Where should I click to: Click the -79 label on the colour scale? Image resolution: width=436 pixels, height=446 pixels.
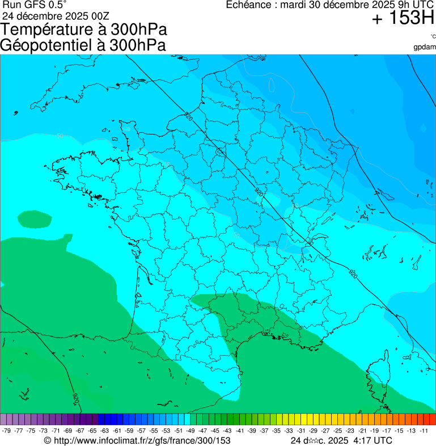(7, 431)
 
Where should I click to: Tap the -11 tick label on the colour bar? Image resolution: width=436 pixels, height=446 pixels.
(424, 431)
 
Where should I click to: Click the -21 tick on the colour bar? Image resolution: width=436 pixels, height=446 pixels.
(362, 431)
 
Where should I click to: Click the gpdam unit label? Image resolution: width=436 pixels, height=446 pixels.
(425, 47)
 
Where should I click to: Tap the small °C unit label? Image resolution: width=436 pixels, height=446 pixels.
(432, 37)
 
